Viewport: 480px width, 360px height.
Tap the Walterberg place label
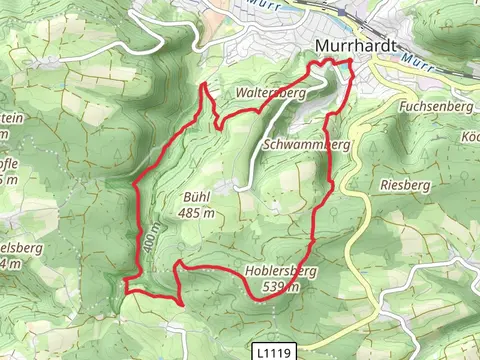pos(269,92)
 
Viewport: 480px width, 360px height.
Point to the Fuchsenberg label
pos(433,105)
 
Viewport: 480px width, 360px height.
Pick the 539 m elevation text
pos(278,287)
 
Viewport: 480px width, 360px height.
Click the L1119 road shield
pos(274,352)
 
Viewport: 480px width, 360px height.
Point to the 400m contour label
pos(150,237)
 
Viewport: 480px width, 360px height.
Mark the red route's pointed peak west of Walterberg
pos(204,85)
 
